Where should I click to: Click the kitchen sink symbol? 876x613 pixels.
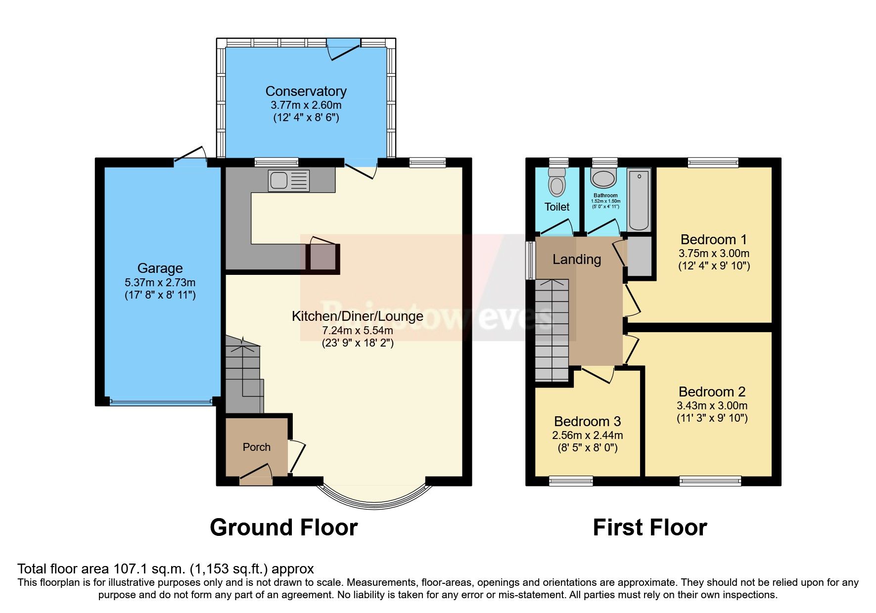click(289, 180)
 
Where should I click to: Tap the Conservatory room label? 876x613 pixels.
click(306, 91)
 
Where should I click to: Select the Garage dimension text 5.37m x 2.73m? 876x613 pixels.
click(160, 283)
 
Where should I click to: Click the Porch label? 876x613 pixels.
click(256, 447)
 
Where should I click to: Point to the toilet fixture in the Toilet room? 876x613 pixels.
click(557, 181)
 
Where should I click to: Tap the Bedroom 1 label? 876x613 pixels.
click(713, 240)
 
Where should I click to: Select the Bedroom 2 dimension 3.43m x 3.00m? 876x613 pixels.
click(712, 406)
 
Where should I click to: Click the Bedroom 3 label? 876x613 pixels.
click(587, 422)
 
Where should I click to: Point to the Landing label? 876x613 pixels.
click(576, 259)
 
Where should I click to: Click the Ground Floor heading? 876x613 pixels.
click(283, 527)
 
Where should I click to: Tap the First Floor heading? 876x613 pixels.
click(649, 527)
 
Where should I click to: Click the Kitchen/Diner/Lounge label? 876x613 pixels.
click(357, 316)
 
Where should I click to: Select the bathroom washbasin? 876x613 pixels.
click(604, 179)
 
